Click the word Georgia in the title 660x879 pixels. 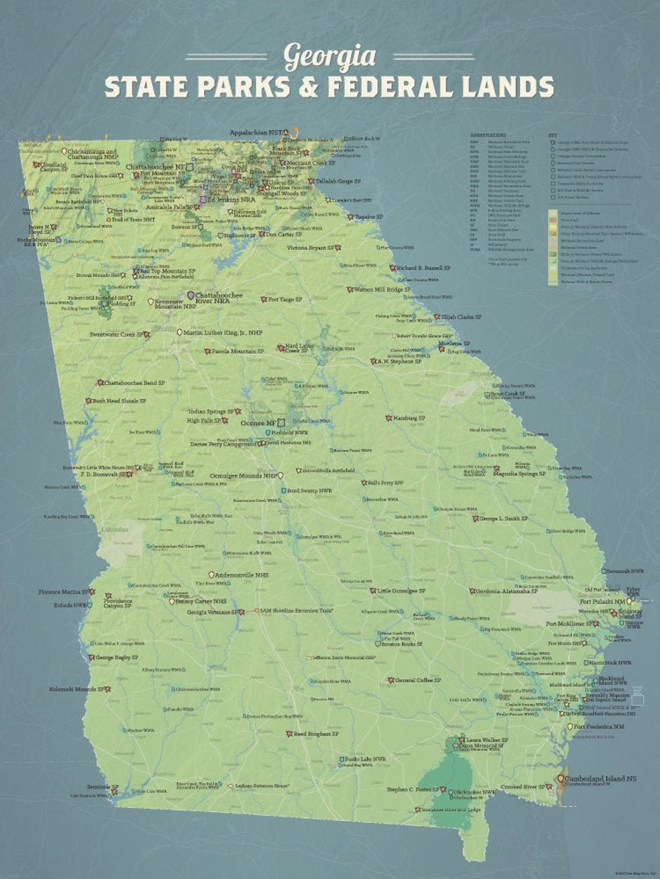point(329,57)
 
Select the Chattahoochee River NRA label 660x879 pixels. point(219,298)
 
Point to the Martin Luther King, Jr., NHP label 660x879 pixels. point(222,333)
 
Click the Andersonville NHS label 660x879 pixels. point(241,575)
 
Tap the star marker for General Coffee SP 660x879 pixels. point(391,680)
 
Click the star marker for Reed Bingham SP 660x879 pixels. point(289,734)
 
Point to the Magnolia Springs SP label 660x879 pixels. point(519,474)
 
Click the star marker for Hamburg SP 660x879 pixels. point(388,418)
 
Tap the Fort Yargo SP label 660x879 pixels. point(284,300)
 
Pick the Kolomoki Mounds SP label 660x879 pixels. point(76,689)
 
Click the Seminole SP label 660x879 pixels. point(102,787)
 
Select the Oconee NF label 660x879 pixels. point(258,423)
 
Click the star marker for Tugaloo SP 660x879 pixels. point(350,217)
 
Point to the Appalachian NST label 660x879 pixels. point(255,132)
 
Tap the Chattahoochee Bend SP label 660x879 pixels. point(134,383)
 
